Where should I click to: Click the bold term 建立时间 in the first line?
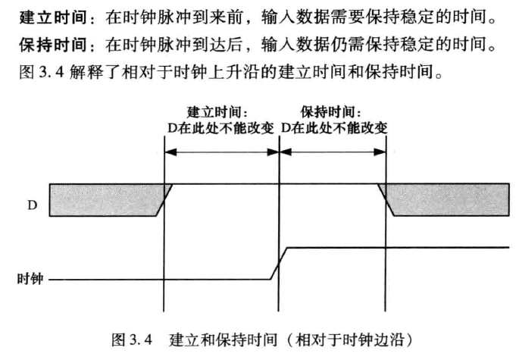coord(53,17)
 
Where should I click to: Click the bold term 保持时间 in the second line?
coord(53,45)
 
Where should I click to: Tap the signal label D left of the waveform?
coord(33,205)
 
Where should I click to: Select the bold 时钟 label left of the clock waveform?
coord(30,279)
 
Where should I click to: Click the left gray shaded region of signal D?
coord(107,200)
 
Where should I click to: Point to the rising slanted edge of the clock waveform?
coord(279,264)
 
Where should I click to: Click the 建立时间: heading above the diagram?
coord(217,112)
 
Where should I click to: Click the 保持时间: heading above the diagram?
coord(331,112)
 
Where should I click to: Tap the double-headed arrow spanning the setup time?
coord(222,152)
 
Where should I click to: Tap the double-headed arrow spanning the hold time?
coord(333,152)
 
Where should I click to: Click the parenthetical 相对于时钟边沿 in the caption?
coord(349,340)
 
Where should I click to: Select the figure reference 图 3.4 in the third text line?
coord(42,71)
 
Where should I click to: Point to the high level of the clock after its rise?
coord(399,247)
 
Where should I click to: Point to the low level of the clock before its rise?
coord(160,280)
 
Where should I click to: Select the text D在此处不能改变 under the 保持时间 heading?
coord(334,128)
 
